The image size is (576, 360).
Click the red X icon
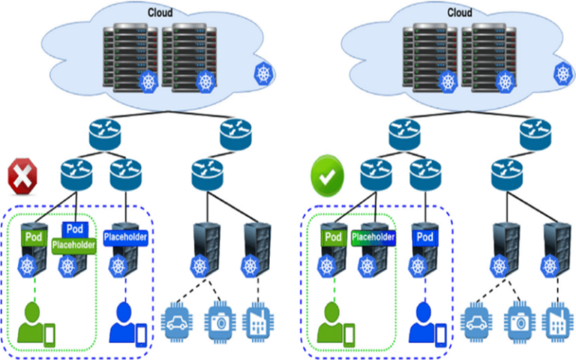click(x=22, y=178)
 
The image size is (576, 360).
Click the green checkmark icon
click(x=327, y=178)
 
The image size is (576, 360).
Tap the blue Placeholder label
click(x=125, y=237)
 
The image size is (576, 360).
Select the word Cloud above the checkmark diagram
click(x=459, y=12)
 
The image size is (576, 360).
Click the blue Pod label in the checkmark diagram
click(x=424, y=237)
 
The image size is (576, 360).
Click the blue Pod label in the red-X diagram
click(x=74, y=229)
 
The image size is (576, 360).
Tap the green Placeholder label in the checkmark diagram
click(x=373, y=238)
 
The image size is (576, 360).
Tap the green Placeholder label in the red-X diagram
click(x=73, y=244)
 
